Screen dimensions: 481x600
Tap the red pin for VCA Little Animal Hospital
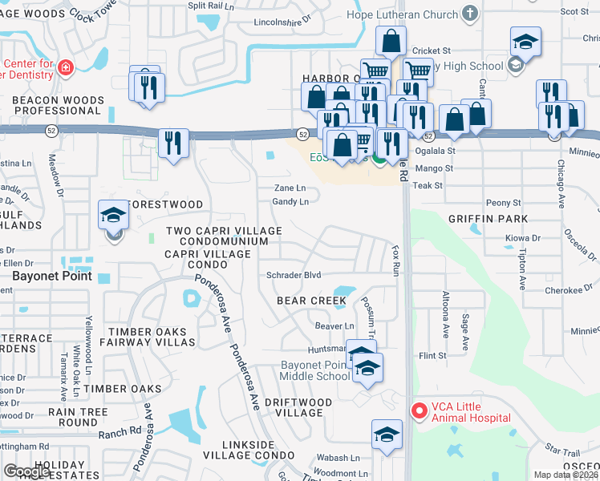coord(418,411)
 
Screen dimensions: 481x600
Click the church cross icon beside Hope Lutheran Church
coord(470,14)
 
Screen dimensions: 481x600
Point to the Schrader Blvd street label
coord(294,275)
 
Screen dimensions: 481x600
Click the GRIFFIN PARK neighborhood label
coord(488,218)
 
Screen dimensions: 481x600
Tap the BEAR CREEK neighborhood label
coord(312,301)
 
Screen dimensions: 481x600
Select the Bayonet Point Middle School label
coord(314,370)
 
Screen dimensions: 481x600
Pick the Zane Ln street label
coord(290,188)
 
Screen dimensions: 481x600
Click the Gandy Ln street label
coord(290,202)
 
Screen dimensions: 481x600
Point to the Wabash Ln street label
coord(338,458)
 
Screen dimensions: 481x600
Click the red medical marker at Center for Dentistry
coord(64,68)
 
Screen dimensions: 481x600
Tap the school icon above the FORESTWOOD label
coord(112,214)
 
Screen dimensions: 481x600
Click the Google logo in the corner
coord(26,471)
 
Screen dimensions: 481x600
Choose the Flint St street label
coord(432,355)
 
